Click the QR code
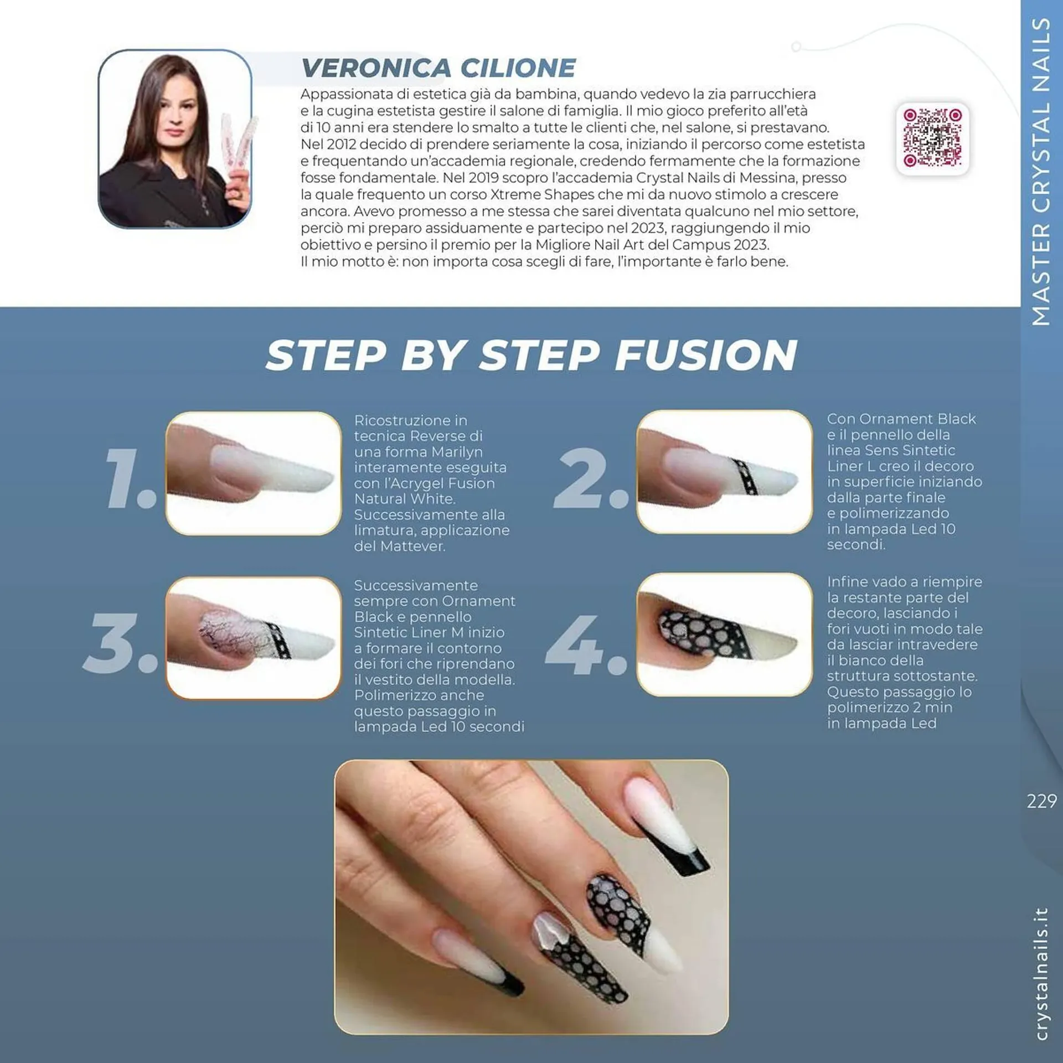[x=932, y=138]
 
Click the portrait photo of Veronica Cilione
[x=175, y=138]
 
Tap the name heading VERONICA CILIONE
[x=437, y=68]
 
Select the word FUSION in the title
[x=706, y=355]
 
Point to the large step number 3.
[x=120, y=643]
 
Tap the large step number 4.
[x=586, y=645]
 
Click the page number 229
[x=1041, y=801]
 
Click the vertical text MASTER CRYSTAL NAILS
[x=1041, y=172]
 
